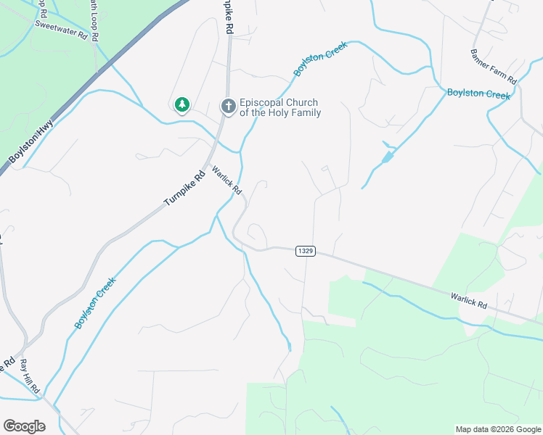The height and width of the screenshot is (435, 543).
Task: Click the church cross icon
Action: (x=228, y=107)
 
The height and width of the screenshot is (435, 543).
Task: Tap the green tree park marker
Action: (x=182, y=106)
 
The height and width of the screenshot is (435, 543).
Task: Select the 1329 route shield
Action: (x=306, y=251)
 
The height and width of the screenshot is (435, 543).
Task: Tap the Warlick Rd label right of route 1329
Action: (x=468, y=300)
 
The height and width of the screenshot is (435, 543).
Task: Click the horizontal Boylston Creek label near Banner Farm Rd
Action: (x=479, y=94)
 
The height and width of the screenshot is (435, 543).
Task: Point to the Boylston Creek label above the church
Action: (x=321, y=59)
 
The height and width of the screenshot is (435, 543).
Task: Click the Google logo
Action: (x=24, y=426)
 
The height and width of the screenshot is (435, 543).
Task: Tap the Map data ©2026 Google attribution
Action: (x=498, y=429)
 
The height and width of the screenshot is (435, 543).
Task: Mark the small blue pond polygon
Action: (x=388, y=156)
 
